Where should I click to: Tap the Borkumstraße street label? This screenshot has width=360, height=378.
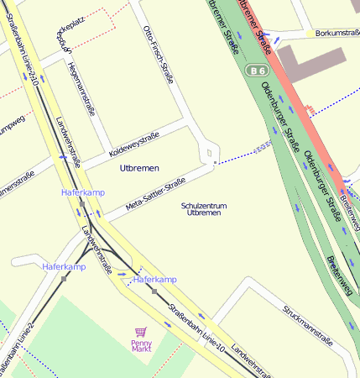click(337, 33)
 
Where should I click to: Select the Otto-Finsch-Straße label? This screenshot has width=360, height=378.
click(159, 56)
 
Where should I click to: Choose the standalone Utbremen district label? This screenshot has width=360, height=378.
click(139, 169)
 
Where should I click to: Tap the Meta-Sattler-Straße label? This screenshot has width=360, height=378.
click(155, 194)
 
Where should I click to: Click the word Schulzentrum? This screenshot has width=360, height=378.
click(204, 205)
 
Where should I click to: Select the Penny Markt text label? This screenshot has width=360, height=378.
click(141, 344)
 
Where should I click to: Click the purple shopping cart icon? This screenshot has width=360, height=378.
click(140, 333)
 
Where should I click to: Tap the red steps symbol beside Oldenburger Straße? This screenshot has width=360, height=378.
click(311, 109)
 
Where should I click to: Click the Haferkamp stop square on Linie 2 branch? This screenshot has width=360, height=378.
click(64, 277)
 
